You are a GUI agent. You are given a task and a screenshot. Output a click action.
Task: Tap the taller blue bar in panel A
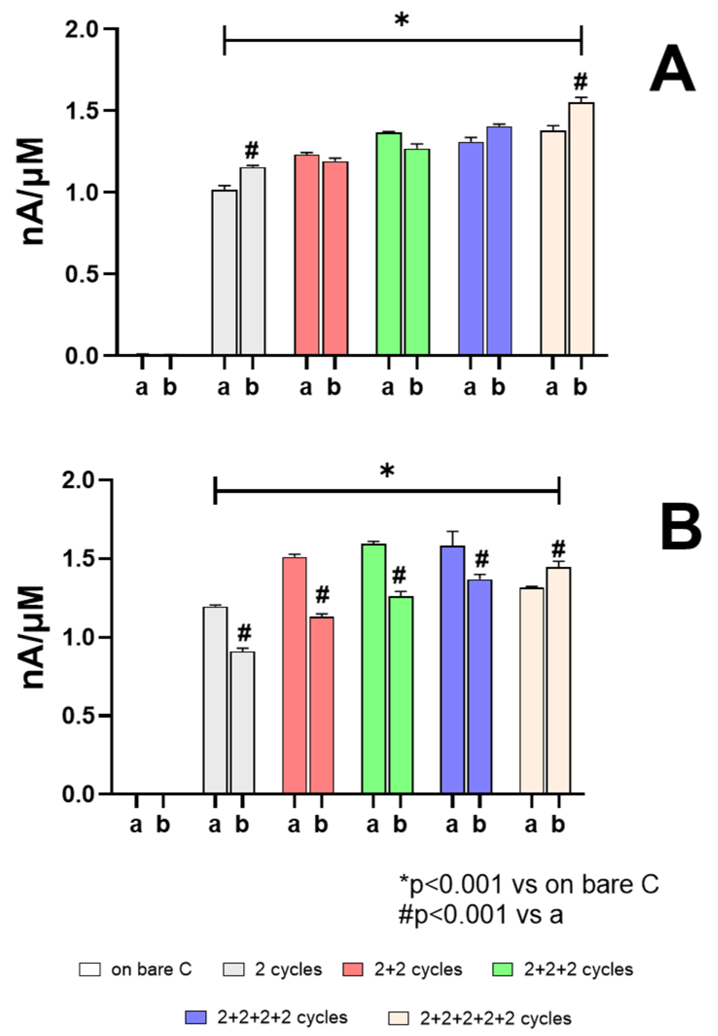click(x=499, y=240)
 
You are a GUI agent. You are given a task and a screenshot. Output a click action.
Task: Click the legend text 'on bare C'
click(x=152, y=969)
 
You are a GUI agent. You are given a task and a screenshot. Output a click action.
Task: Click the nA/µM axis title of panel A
click(x=34, y=191)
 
